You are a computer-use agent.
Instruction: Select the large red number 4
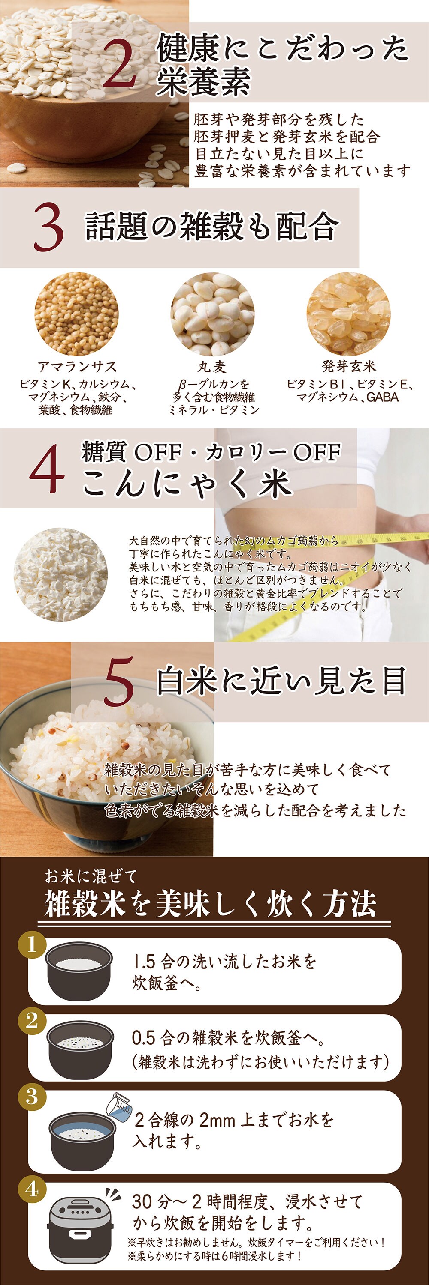tap(47, 469)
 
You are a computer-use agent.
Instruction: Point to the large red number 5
tap(119, 681)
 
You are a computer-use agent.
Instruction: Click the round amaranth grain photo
tap(77, 314)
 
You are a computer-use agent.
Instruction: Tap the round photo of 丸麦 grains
tap(213, 314)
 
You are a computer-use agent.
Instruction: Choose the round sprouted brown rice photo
tap(349, 314)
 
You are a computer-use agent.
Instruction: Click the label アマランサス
tap(77, 367)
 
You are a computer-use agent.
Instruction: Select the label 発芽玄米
tap(349, 366)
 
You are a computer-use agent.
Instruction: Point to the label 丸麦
tap(212, 367)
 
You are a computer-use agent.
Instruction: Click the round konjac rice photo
tap(60, 575)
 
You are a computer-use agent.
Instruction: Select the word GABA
tap(383, 397)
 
